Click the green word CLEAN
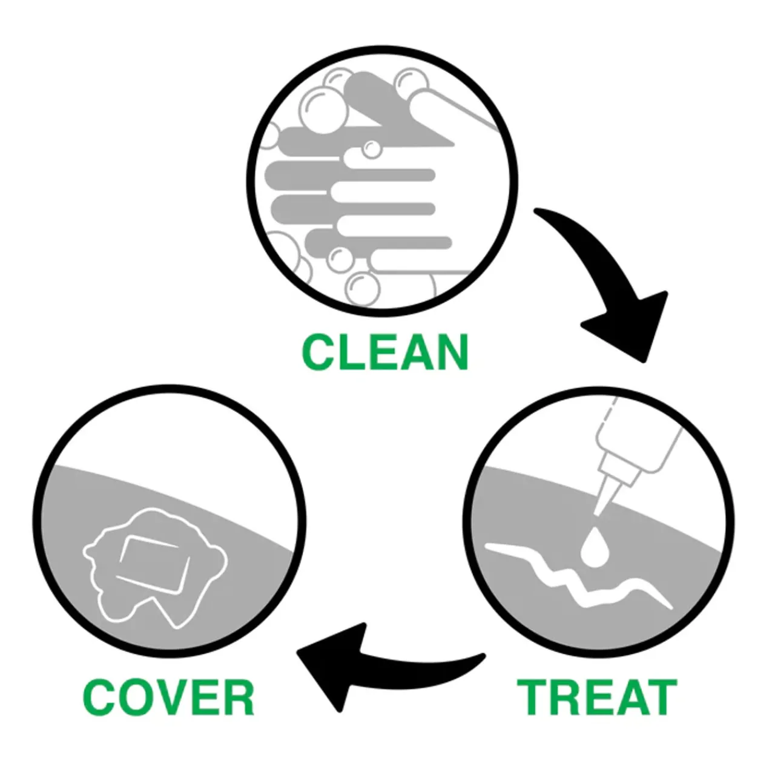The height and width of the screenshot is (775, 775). click(385, 352)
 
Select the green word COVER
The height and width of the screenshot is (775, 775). click(168, 697)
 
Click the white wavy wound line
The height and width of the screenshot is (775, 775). click(579, 576)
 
